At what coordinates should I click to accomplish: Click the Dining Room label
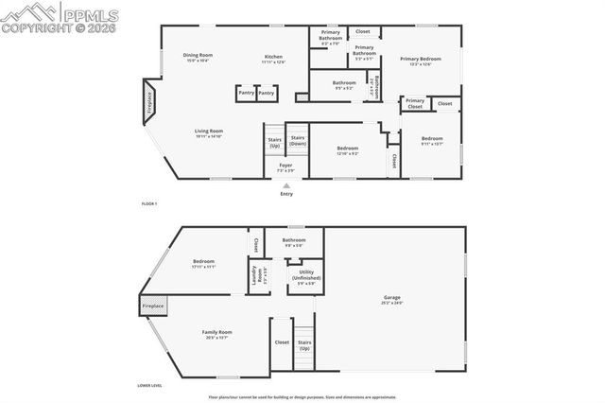click(198, 57)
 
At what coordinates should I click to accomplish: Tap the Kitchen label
click(273, 57)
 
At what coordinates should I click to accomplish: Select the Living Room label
click(209, 133)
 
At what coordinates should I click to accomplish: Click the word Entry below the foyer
click(286, 194)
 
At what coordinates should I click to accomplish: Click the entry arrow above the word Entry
click(286, 185)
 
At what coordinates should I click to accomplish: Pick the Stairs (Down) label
click(298, 141)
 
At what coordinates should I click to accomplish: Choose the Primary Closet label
click(414, 103)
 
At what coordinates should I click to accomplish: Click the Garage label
click(392, 297)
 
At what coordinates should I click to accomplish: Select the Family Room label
click(217, 333)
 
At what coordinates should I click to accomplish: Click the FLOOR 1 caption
click(149, 204)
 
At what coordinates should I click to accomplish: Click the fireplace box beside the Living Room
click(148, 102)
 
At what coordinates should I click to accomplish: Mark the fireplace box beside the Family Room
click(153, 306)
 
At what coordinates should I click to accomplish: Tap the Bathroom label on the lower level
click(294, 240)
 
